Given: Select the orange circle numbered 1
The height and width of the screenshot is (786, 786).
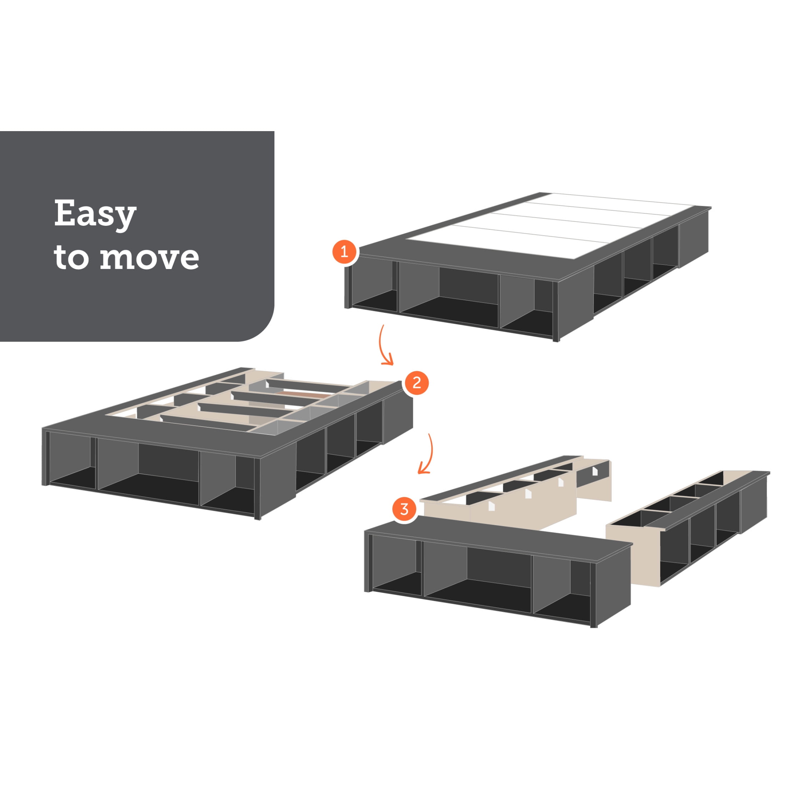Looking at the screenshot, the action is point(344,252).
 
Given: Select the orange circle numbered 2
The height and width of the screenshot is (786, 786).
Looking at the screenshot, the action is point(416,383).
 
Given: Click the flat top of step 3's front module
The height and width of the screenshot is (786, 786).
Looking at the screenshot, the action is point(498,534).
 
